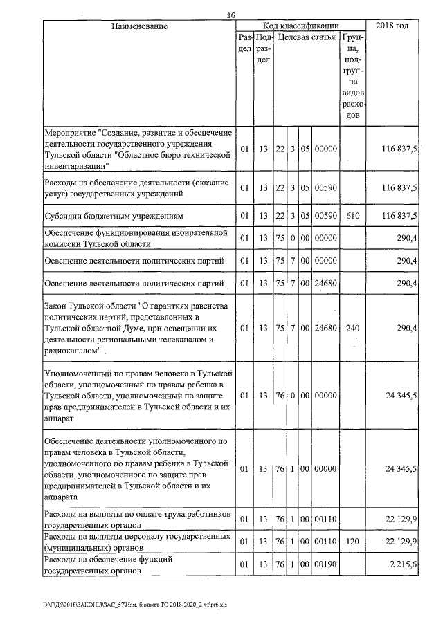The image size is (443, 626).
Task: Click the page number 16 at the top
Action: click(231, 15)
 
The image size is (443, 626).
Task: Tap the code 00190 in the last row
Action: click(325, 566)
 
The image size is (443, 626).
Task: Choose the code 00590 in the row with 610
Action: click(325, 216)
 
